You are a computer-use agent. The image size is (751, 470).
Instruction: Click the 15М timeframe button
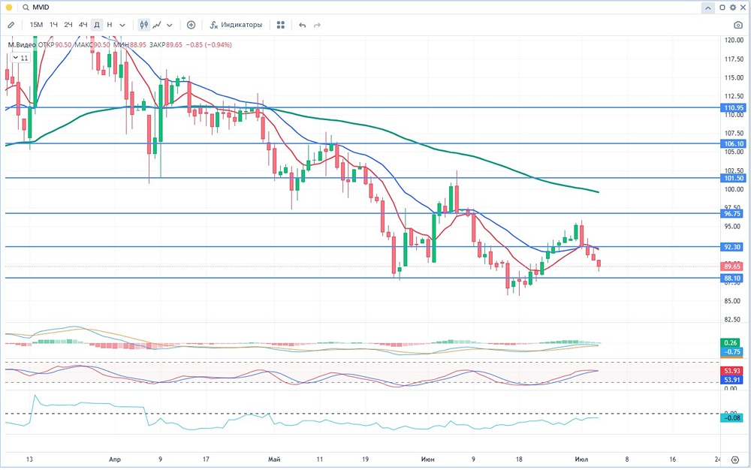[x=36, y=25]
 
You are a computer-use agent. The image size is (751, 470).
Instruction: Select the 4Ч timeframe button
[x=83, y=25]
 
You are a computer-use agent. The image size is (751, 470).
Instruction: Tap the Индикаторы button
[x=237, y=25]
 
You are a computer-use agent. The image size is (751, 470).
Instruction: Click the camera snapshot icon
[x=738, y=25]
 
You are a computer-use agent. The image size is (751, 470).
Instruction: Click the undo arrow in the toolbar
[x=303, y=25]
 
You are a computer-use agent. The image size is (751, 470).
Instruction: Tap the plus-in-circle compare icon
[x=191, y=25]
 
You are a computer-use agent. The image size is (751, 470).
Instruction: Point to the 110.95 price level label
[x=734, y=108]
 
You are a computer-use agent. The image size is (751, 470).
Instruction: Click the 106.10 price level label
[x=734, y=143]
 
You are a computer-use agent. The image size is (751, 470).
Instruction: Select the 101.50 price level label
[x=734, y=178]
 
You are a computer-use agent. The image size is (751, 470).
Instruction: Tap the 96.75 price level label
[x=734, y=213]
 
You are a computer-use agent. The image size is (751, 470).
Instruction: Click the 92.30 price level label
[x=734, y=246]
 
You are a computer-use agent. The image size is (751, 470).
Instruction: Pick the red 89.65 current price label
[x=734, y=267]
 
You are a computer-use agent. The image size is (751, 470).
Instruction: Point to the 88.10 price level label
[x=734, y=278]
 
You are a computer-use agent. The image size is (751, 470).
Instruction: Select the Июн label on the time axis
[x=428, y=459]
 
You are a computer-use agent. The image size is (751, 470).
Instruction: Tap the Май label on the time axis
[x=273, y=459]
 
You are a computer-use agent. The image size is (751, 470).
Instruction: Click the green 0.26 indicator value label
[x=734, y=342]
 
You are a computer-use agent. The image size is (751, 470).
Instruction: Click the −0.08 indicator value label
[x=734, y=418]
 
